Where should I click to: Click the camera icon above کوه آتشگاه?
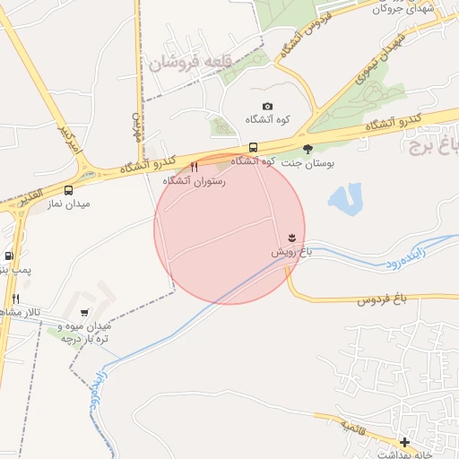pos(267,107)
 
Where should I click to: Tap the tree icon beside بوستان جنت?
pos(307,149)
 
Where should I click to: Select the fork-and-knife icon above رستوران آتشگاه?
pos(195,167)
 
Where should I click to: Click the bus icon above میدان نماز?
pos(69,190)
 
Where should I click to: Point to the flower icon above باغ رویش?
pos(291,237)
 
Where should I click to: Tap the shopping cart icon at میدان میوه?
pos(84,313)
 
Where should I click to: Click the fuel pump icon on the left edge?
pos(9,255)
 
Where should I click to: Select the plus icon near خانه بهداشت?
pos(405,442)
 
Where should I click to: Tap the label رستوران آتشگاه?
pos(194,181)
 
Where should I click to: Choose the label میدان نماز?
pos(68,204)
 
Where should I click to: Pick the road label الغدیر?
pos(29,196)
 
